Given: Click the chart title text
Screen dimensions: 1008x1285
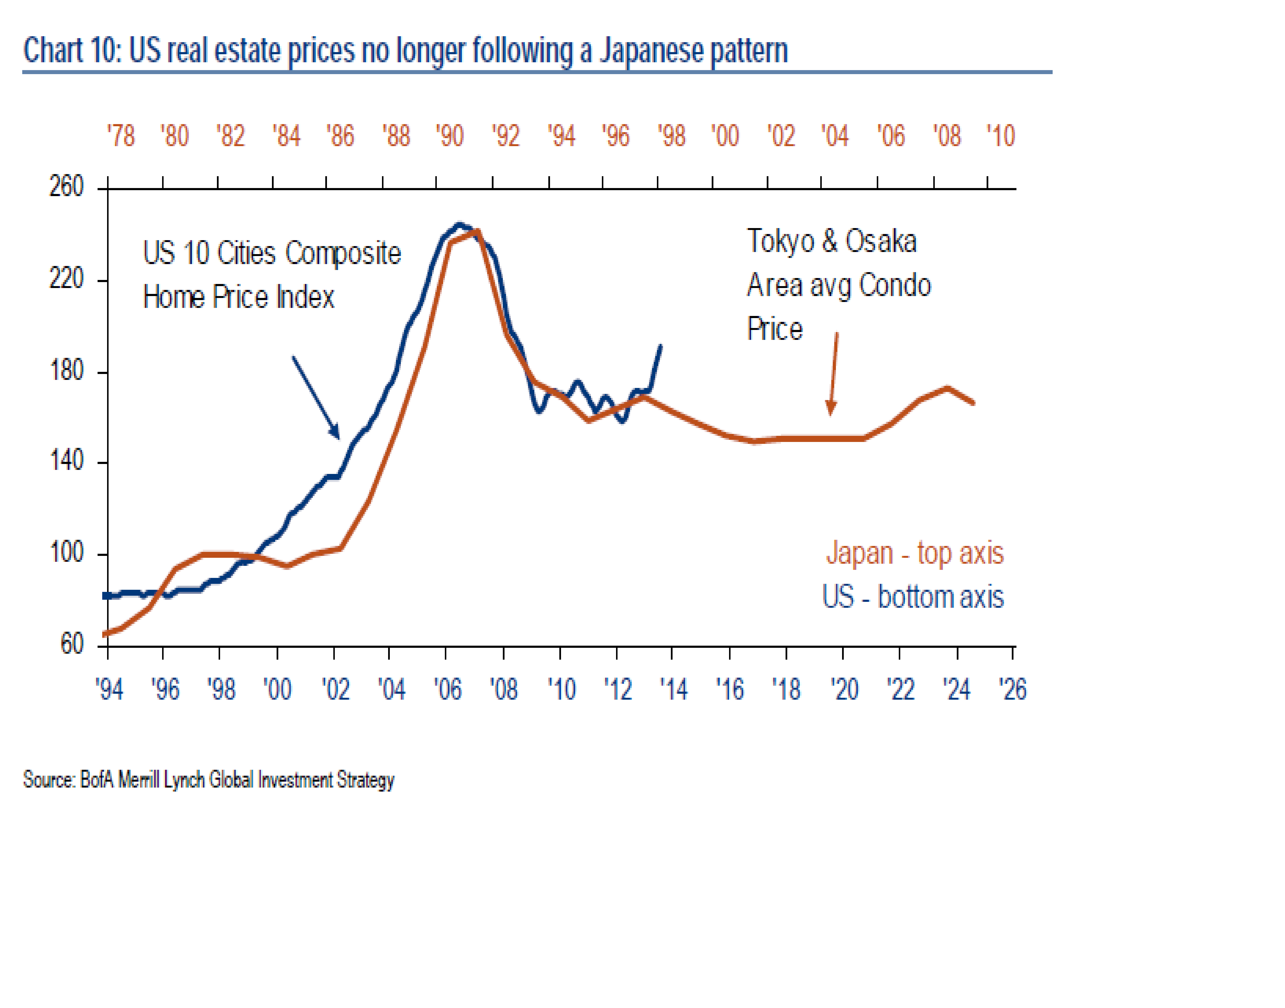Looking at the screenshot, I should click(x=405, y=51).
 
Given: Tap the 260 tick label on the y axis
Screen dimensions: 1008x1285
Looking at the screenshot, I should click(x=66, y=187).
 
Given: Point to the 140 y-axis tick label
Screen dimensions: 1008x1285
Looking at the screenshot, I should click(x=66, y=461).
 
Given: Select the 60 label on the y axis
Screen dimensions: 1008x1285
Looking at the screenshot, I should click(x=72, y=644).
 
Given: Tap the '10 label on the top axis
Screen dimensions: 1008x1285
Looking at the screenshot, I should click(x=1001, y=136).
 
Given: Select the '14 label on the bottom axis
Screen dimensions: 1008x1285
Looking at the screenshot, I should click(x=673, y=689).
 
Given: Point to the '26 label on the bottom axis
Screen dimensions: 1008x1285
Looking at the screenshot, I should click(x=1013, y=689).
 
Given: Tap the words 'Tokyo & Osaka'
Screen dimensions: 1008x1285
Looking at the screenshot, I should click(x=831, y=241).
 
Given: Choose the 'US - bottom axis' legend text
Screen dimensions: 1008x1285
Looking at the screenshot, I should click(x=913, y=597).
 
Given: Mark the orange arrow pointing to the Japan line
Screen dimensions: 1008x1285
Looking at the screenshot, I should click(x=833, y=374).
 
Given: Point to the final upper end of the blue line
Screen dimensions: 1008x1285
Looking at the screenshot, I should click(x=660, y=346).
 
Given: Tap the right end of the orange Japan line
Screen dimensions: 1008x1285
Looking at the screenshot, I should click(x=973, y=404).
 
